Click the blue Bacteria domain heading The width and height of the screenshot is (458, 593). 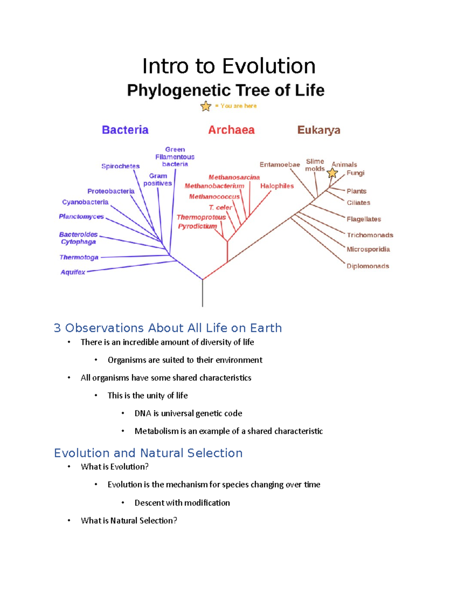point(125,130)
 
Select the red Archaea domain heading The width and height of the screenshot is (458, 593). point(231,130)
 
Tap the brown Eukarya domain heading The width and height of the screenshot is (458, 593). point(319,130)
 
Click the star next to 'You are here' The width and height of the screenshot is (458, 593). point(206,106)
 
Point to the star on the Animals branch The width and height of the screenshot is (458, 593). point(332,173)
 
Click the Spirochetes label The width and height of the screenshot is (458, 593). point(120,166)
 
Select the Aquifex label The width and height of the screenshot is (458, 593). point(73,272)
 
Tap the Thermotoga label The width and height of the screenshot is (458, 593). point(79,257)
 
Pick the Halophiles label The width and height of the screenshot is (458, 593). point(277,186)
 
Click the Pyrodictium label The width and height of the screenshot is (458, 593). point(197,226)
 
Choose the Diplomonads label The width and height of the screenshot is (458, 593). point(368,266)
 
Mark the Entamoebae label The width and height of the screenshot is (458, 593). point(280,165)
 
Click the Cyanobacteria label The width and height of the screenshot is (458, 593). point(85,202)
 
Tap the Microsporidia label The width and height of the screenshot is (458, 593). point(368,249)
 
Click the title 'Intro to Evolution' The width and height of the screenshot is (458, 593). point(229,66)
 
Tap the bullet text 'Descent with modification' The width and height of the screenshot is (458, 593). point(182,503)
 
